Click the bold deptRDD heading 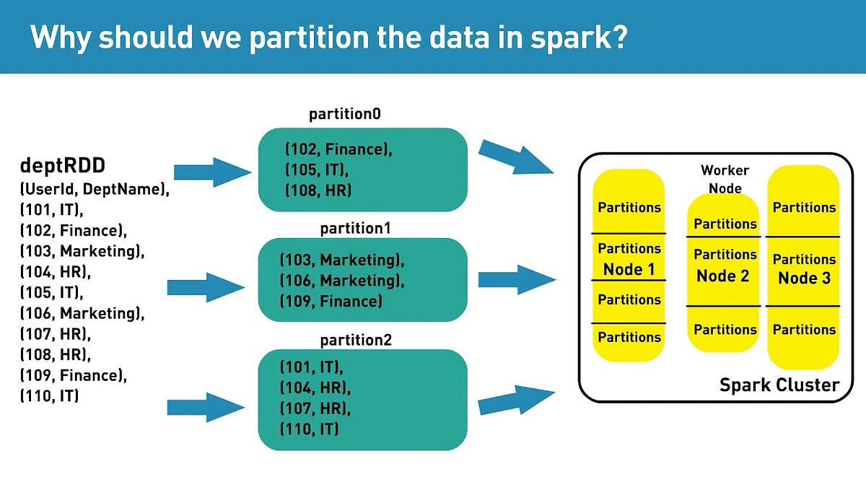(62, 167)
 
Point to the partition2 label (356, 340)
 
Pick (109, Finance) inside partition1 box (331, 301)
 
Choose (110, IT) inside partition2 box (310, 429)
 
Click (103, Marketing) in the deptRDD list (82, 251)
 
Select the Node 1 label (629, 270)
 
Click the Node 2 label (723, 276)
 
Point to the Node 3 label (804, 278)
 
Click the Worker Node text (725, 179)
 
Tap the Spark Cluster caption (779, 385)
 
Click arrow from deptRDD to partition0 (210, 172)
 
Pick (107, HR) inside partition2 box (315, 408)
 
